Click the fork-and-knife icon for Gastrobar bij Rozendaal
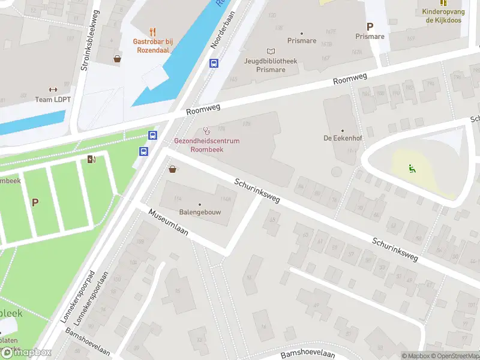tap(153, 32)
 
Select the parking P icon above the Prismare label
tap(370, 26)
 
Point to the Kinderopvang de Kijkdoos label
tap(444, 16)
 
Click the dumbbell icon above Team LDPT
tap(53, 89)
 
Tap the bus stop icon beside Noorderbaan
tap(213, 63)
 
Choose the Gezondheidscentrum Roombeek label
tap(206, 144)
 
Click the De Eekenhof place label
tap(343, 138)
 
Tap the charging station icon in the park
tap(91, 159)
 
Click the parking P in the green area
tap(35, 202)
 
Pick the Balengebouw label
tap(200, 212)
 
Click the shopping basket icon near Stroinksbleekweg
tap(116, 59)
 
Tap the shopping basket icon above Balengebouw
tap(173, 169)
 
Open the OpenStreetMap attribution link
tap(455, 356)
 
